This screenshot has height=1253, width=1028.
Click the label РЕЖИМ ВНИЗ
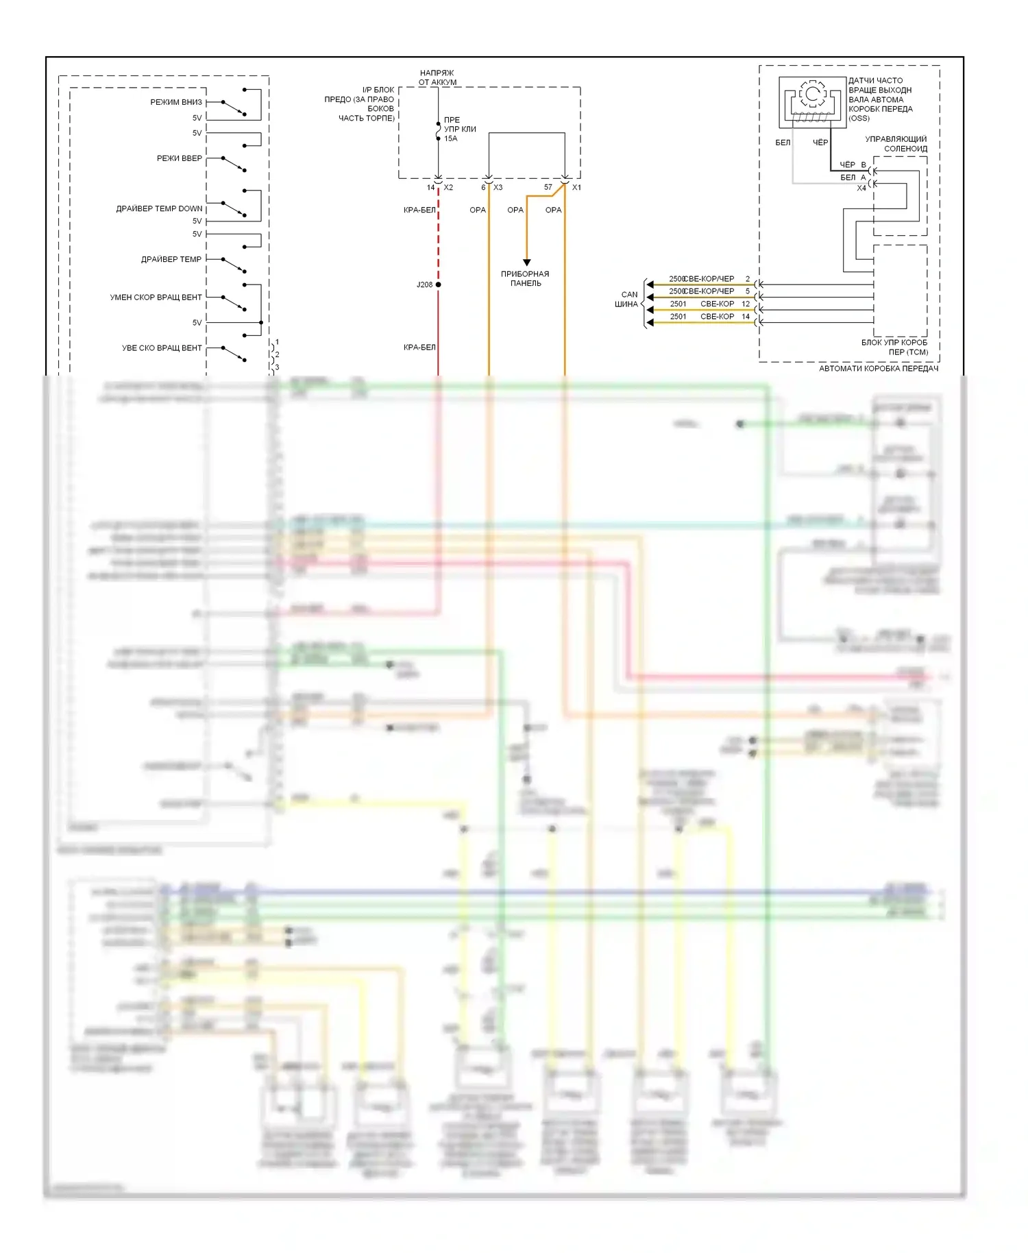[x=176, y=102]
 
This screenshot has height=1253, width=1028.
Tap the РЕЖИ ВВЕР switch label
[x=180, y=158]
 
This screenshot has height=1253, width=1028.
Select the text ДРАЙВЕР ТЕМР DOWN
[x=159, y=208]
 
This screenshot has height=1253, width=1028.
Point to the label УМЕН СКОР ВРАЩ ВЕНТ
[x=156, y=297]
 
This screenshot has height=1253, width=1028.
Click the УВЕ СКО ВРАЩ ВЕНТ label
[x=162, y=348]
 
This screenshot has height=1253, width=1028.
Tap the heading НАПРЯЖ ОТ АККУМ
[x=437, y=77]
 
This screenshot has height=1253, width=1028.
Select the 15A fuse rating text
[x=450, y=138]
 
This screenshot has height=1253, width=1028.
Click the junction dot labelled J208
[x=438, y=284]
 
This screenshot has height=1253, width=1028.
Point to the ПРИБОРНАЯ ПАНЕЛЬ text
[x=525, y=278]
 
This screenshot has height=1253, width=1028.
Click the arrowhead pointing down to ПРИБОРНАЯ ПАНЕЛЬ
[x=526, y=262]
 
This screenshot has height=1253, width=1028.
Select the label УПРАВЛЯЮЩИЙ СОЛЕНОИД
[x=896, y=144]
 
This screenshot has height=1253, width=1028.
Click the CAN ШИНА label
[x=627, y=300]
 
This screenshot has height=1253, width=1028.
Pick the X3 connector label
[x=498, y=187]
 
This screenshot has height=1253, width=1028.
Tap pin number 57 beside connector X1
[x=548, y=187]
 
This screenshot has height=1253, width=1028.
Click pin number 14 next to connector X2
[x=430, y=187]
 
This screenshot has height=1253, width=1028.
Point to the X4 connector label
[x=861, y=188]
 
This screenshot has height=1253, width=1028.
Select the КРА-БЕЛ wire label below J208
[x=419, y=348]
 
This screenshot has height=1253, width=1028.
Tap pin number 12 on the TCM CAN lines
[x=746, y=304]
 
